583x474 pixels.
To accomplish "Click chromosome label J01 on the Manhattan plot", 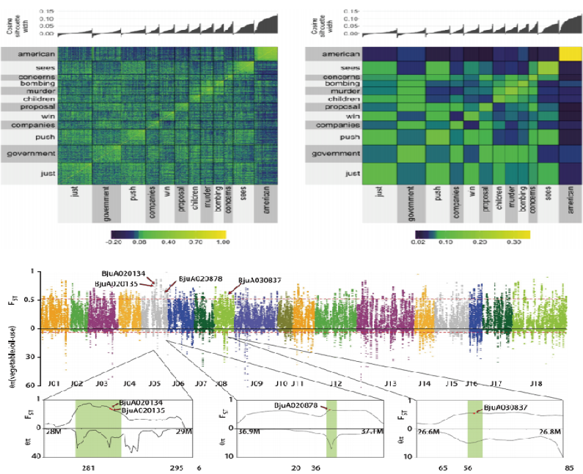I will (54, 383).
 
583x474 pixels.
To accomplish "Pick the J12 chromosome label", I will (335, 383).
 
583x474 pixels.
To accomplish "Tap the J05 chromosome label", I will (154, 383).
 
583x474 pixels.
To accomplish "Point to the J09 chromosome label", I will (257, 383).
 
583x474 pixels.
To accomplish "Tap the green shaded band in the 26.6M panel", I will (474, 429).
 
